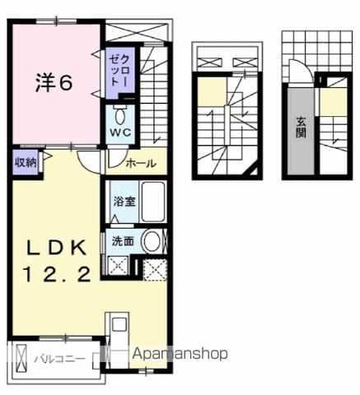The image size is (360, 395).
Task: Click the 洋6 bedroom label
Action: tap(54, 83)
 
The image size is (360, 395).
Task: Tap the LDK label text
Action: tap(56, 247)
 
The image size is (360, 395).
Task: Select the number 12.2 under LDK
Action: tap(58, 275)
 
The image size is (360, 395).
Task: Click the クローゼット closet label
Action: tap(119, 71)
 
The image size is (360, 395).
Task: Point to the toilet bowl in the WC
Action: tap(119, 116)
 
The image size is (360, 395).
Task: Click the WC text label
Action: tap(120, 132)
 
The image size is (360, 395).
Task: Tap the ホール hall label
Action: tap(141, 164)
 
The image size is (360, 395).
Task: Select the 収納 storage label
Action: tap(26, 163)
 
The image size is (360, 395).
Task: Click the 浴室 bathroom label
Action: tap(124, 202)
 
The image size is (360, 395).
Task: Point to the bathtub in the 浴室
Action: tap(153, 202)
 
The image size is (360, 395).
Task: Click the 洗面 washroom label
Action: tap(123, 241)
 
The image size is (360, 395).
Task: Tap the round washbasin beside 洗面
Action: tap(152, 241)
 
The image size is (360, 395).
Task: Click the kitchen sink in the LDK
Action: tap(119, 324)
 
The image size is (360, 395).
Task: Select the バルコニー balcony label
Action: tap(59, 359)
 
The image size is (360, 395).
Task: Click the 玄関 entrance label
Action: tap(301, 127)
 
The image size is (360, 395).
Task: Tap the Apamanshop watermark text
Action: tap(180, 354)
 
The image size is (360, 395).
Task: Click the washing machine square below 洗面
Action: tap(119, 266)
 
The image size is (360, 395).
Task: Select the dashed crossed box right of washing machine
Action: tap(155, 269)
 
